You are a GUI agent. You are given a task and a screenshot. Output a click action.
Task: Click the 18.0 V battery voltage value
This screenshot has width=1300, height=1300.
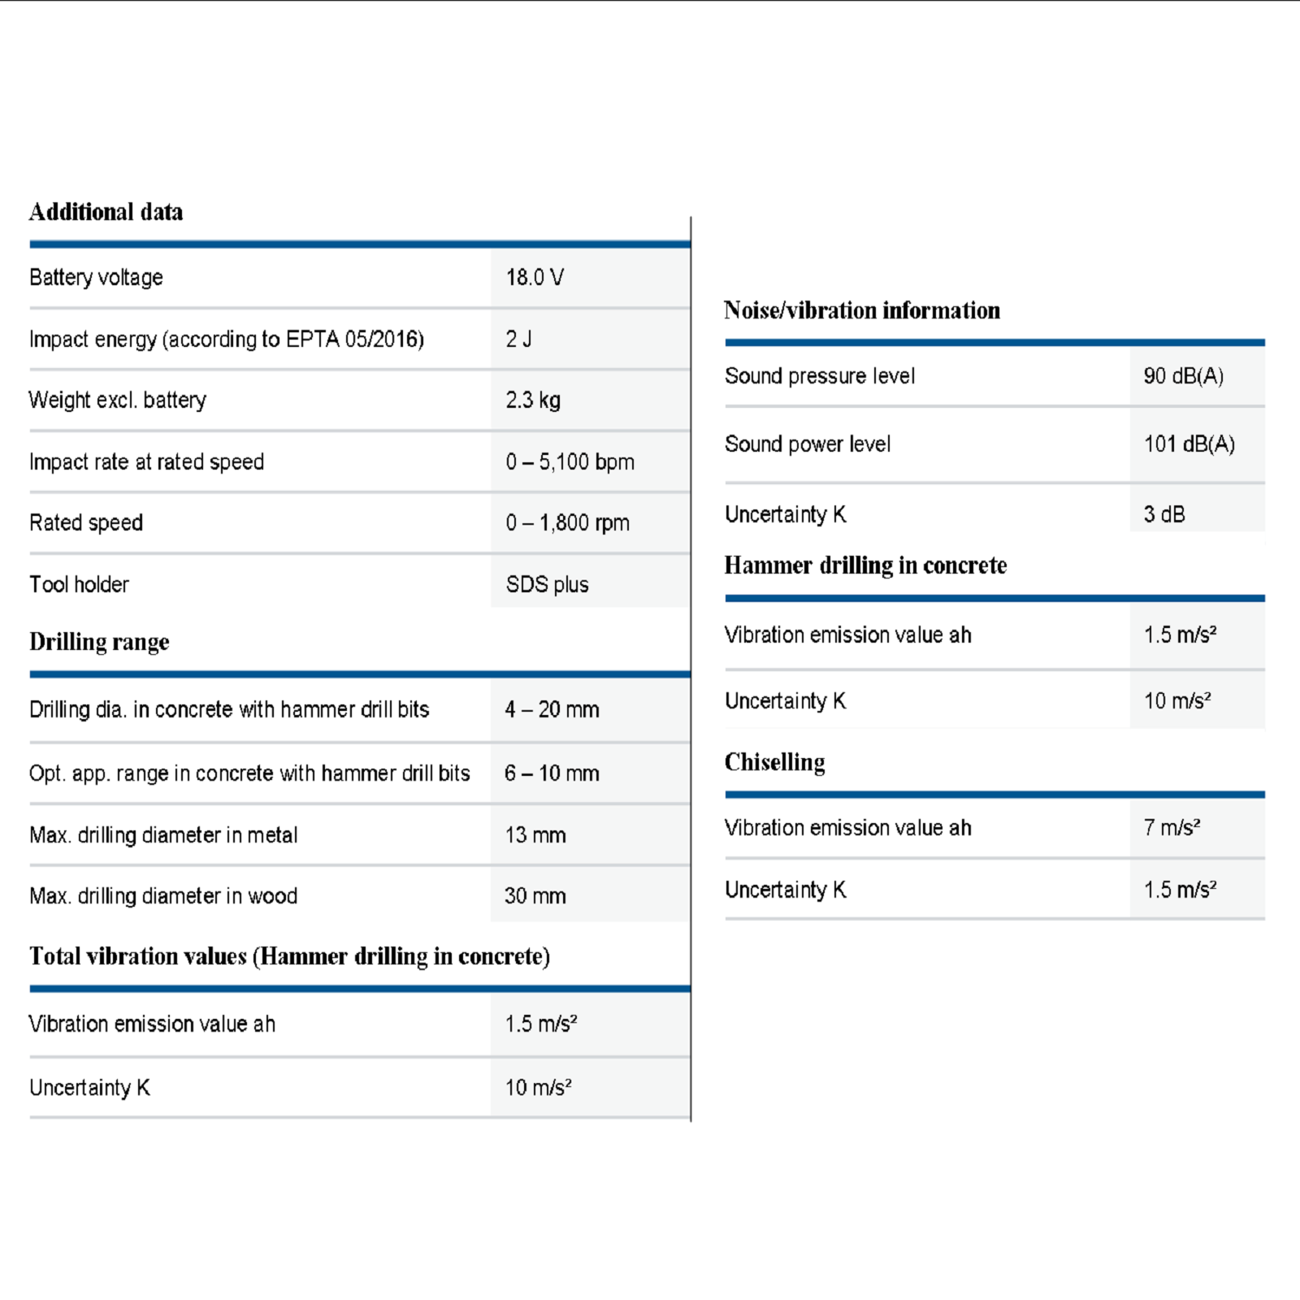point(535,278)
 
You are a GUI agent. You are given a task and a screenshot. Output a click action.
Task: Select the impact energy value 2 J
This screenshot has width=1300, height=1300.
point(518,339)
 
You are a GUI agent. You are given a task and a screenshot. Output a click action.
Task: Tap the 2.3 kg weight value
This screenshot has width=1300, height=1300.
point(533,400)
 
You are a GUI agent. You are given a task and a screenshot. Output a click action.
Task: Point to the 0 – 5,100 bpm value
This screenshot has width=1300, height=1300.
point(570,461)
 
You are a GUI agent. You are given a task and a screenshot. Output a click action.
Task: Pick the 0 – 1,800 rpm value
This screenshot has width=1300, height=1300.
point(567,522)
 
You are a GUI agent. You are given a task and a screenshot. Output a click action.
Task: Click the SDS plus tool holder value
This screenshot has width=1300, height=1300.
point(547,584)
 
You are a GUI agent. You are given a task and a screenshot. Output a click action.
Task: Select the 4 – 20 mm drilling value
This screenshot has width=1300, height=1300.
point(552,709)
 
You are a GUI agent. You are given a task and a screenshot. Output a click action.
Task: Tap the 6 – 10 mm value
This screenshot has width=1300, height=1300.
point(552,773)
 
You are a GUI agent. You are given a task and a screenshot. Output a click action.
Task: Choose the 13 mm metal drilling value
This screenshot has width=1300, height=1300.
point(535,834)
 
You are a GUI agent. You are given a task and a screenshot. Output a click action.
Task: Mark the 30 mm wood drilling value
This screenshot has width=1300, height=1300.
point(535,895)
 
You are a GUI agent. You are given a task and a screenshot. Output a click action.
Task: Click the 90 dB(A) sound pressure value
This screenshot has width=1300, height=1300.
point(1183,375)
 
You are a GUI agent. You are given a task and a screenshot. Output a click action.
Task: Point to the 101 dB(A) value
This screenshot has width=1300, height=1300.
point(1189,444)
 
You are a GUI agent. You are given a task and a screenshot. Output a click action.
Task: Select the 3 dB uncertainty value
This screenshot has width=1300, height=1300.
point(1163,514)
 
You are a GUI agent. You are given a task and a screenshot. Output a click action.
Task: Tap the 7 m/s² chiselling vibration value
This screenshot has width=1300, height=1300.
point(1172,827)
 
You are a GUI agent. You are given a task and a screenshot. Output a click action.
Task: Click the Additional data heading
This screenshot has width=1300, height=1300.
point(106,212)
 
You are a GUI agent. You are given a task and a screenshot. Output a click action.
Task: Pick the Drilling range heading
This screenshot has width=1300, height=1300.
point(99,642)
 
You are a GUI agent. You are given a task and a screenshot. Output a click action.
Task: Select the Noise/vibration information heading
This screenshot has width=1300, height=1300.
point(861,310)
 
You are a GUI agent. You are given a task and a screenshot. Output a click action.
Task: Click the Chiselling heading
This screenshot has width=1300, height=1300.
point(774,762)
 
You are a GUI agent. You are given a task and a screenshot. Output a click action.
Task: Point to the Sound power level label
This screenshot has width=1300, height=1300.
point(807,444)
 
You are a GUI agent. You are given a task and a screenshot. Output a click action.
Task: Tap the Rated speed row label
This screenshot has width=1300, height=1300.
point(86,522)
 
